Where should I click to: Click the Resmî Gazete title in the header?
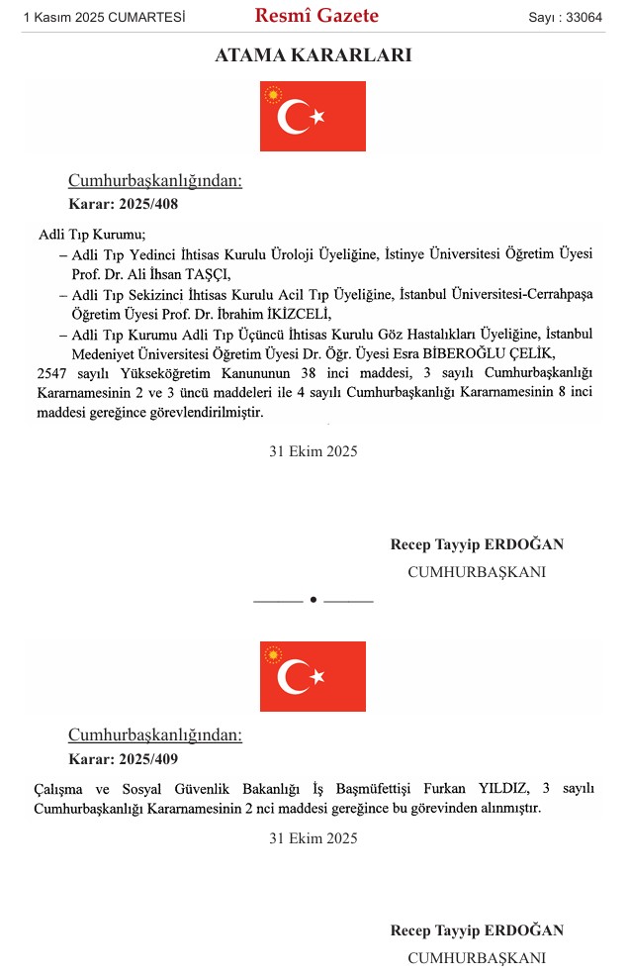click(316, 16)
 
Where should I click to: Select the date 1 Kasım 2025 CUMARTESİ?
click(105, 18)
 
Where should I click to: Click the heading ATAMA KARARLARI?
click(314, 56)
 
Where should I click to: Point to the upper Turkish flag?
click(313, 117)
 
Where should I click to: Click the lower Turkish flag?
click(313, 676)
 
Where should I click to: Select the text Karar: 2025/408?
click(123, 205)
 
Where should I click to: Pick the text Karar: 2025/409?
click(123, 759)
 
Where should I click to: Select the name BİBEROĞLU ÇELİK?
click(502, 353)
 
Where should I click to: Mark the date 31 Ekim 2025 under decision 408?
click(314, 451)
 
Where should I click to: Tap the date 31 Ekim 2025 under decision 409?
click(314, 838)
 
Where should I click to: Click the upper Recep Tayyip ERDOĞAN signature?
click(477, 545)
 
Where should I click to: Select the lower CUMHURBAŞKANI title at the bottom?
click(477, 957)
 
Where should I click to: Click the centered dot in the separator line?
click(314, 600)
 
